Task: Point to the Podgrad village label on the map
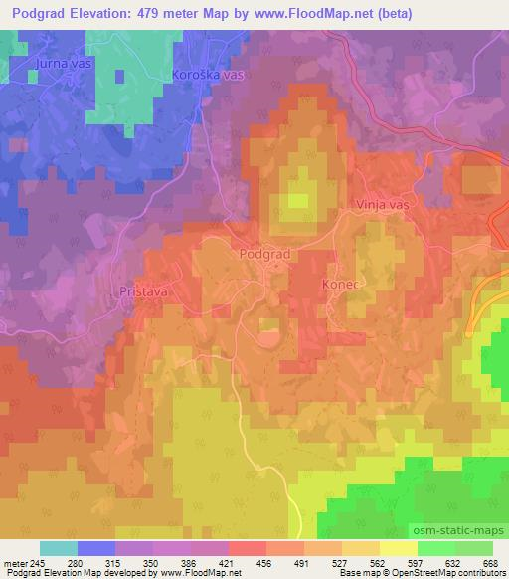tap(264, 254)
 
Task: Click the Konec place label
tap(339, 284)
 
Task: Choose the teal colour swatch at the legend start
tap(58, 548)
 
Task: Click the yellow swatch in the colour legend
tap(398, 548)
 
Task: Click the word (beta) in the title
tap(392, 13)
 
